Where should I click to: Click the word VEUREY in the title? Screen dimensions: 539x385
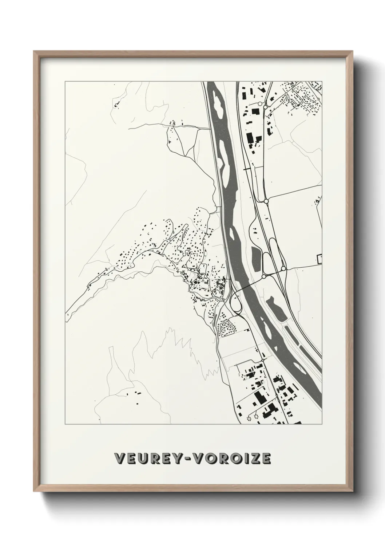[150, 459]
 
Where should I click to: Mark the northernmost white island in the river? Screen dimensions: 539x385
[219, 102]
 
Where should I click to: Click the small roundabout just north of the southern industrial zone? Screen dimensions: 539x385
[262, 360]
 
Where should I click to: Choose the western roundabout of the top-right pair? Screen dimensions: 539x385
[260, 104]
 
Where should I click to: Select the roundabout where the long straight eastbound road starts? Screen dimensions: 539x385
[266, 201]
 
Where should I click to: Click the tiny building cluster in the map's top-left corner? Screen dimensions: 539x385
[117, 105]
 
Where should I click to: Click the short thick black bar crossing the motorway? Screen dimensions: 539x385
[247, 169]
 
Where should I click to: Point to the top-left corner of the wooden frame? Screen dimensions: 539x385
[35, 52]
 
